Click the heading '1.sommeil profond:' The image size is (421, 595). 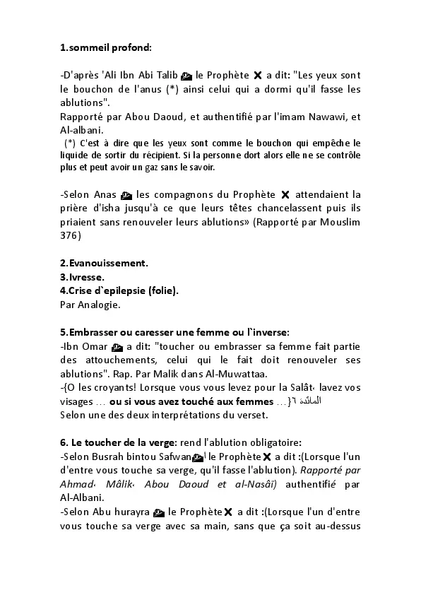click(x=106, y=48)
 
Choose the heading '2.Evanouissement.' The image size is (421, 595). click(x=104, y=263)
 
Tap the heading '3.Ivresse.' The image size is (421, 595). click(x=82, y=276)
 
